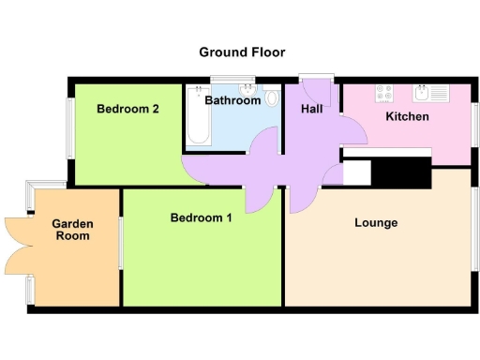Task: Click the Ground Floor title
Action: [242, 52]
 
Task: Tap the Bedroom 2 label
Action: [127, 109]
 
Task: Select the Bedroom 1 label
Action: [202, 218]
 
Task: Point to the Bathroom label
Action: [232, 99]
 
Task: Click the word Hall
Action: [312, 110]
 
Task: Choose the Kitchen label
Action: [408, 117]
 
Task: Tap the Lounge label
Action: [376, 223]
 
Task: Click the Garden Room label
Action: [71, 230]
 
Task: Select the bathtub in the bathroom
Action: [197, 116]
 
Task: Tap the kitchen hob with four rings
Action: [384, 93]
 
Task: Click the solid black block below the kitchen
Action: [400, 172]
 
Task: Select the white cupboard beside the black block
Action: [357, 172]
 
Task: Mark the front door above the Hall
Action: [316, 78]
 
